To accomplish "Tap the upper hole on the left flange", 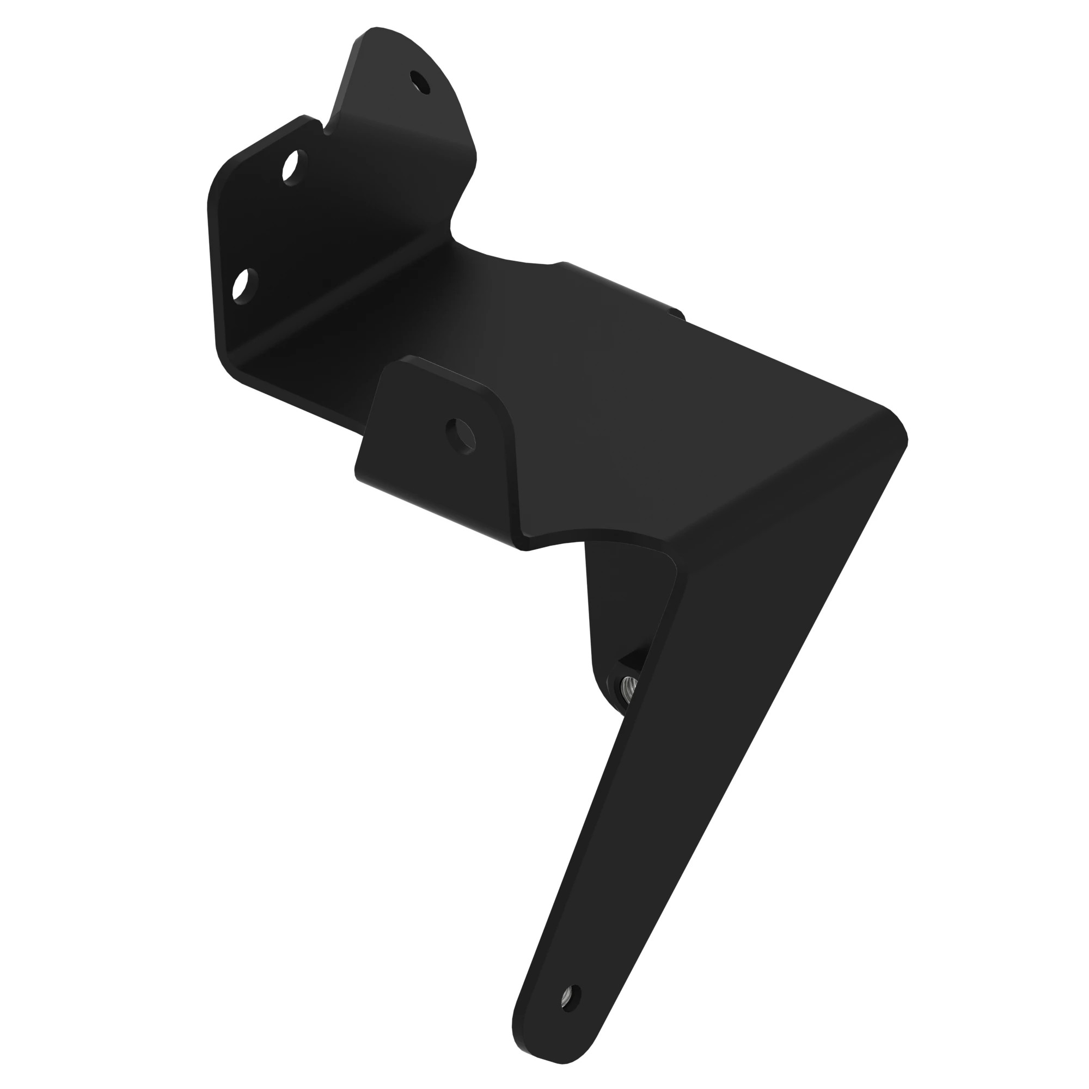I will point(291,167).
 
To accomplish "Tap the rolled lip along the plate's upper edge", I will point(609,282).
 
